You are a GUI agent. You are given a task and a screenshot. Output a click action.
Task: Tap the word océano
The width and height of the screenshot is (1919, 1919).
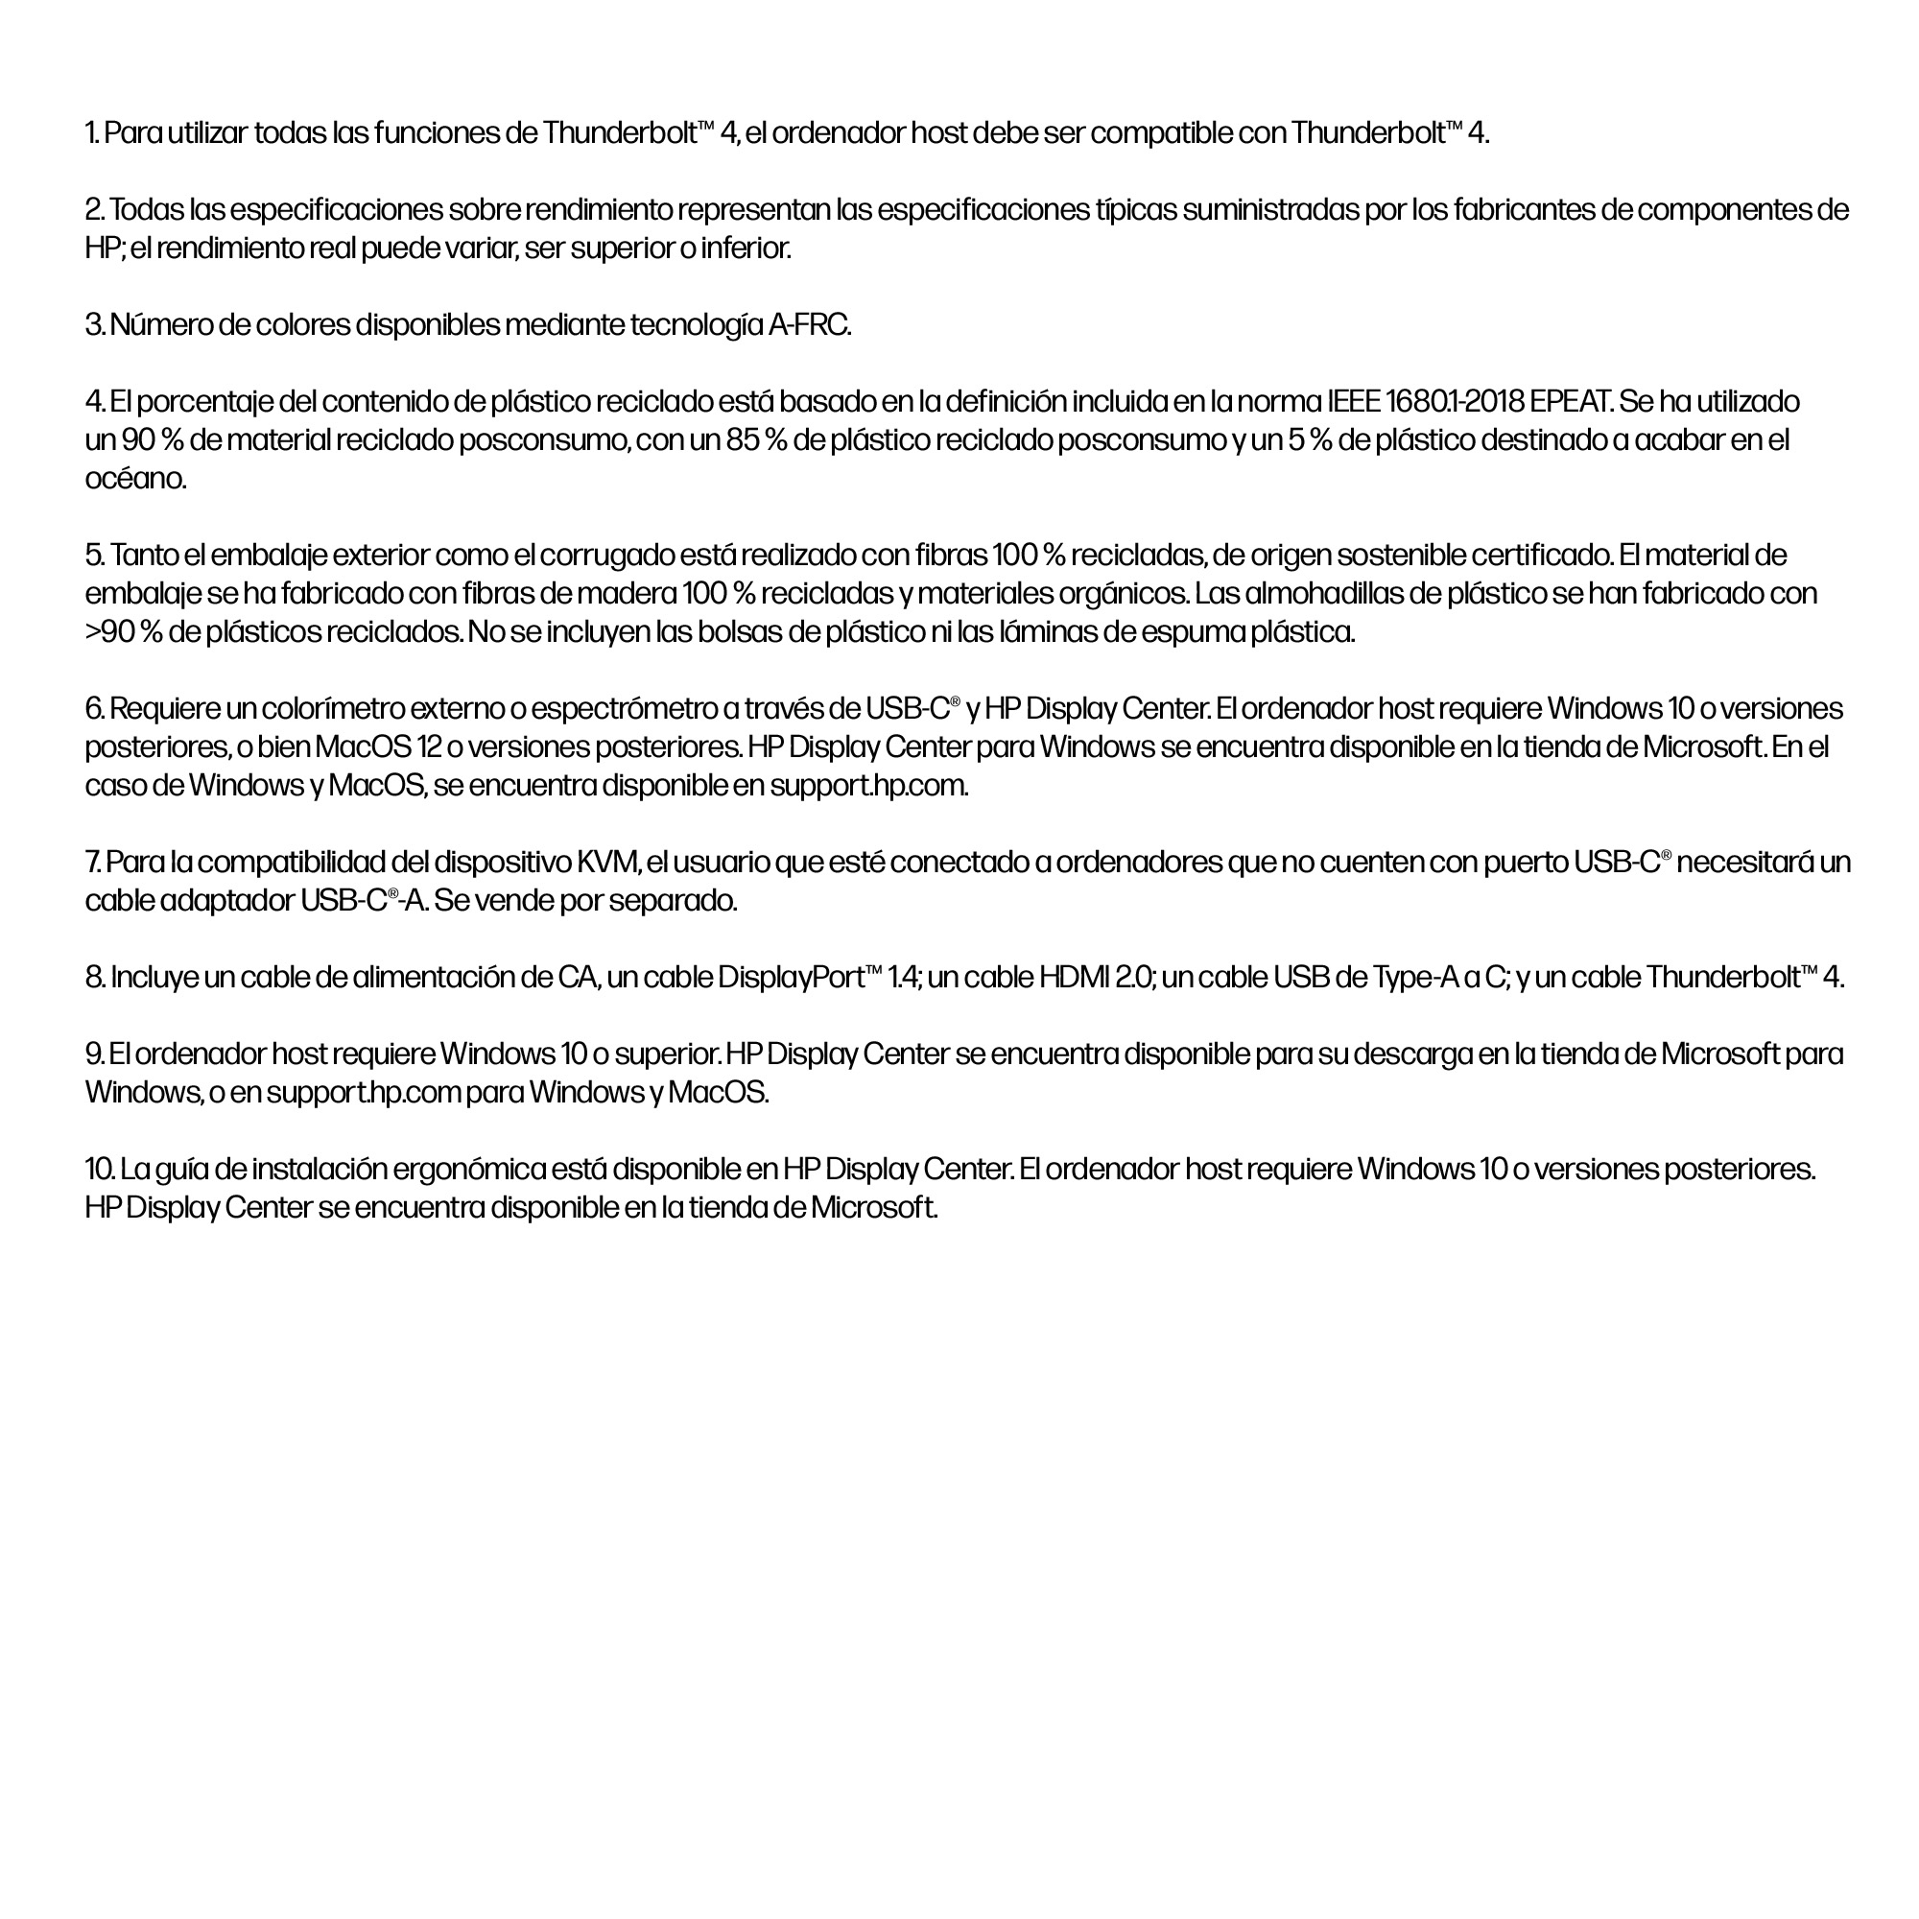tap(135, 479)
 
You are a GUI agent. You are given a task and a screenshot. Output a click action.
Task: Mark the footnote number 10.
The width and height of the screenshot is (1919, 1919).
tap(100, 1169)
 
